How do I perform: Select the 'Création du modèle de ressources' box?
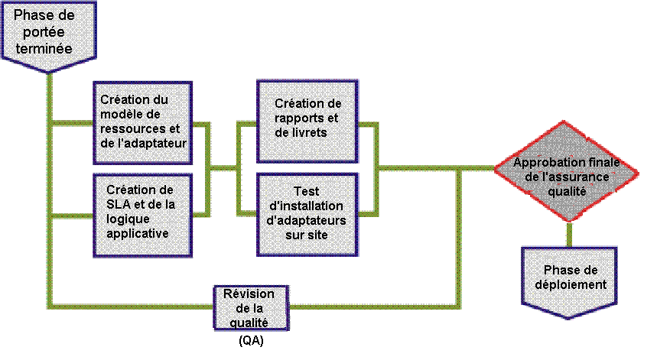pos(143,122)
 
